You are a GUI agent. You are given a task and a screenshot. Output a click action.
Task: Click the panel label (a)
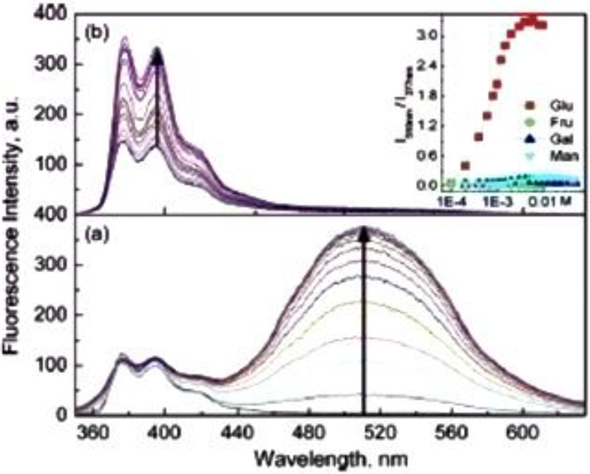tap(94, 236)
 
